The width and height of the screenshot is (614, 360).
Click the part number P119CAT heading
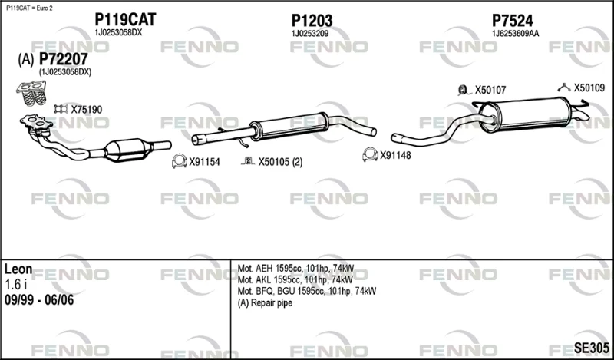coord(125,19)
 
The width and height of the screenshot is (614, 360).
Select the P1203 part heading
coord(312,21)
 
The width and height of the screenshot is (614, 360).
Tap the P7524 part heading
coord(512,21)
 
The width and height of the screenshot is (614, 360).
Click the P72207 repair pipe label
coord(64,59)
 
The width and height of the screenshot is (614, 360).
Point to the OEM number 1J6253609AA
coord(515,34)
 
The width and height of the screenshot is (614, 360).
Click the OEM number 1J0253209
coord(310,34)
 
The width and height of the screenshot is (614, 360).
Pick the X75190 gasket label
coord(86,109)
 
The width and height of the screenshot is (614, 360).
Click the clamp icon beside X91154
coord(180,161)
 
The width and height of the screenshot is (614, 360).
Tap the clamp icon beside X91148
coord(370,154)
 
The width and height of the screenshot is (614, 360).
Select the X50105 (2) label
coord(280,161)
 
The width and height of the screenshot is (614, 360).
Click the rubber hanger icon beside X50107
coord(464,90)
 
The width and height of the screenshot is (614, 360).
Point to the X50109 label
coord(589,88)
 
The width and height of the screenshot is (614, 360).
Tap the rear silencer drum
coord(527,114)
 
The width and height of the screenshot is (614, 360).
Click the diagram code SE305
coord(591,348)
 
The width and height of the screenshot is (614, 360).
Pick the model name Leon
coord(18,269)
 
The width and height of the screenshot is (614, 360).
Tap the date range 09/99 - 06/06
coord(39,300)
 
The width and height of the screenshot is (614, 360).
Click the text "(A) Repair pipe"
coord(265,302)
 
